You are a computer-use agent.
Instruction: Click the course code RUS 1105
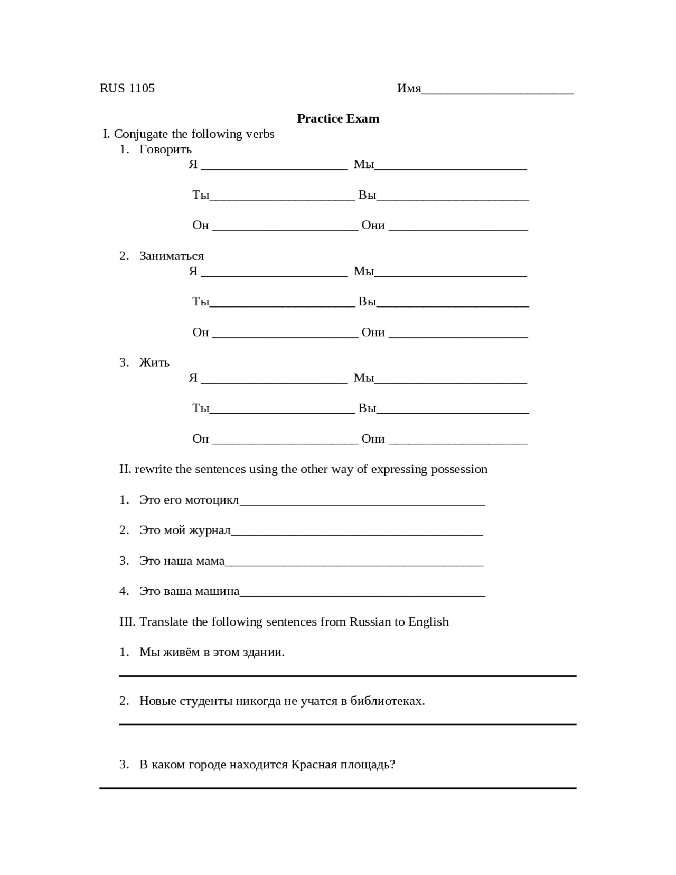(x=127, y=88)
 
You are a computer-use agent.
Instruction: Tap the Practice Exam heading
(x=338, y=118)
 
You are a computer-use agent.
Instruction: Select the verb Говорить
(x=165, y=150)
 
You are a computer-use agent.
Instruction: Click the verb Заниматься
(x=171, y=256)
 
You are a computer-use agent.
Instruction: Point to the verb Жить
(x=154, y=363)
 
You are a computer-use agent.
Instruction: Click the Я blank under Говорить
(x=274, y=166)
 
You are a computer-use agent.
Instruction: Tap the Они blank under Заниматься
(x=458, y=334)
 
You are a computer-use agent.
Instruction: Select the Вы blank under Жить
(x=453, y=410)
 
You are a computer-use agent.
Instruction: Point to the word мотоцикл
(x=212, y=500)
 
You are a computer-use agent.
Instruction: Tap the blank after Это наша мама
(x=354, y=563)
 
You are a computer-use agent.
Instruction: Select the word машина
(x=217, y=591)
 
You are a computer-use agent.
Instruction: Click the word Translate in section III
(x=164, y=622)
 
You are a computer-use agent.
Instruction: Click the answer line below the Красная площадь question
(x=338, y=788)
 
